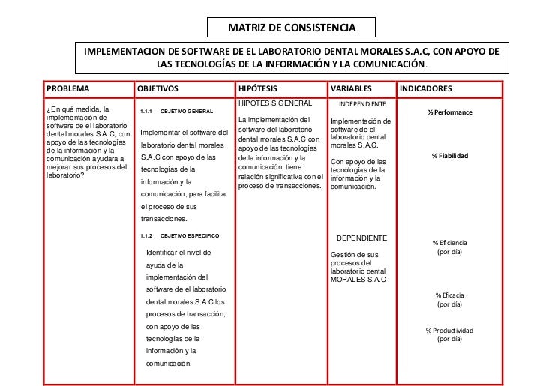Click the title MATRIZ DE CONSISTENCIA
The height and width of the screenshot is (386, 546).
click(292, 28)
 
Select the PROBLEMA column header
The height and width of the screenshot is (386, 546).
click(67, 88)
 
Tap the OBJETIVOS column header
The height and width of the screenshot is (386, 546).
click(158, 88)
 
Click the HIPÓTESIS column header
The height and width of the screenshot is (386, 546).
click(256, 88)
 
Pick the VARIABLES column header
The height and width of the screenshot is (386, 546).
click(350, 88)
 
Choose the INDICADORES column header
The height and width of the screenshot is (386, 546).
click(426, 88)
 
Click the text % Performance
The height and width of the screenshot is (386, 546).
click(450, 112)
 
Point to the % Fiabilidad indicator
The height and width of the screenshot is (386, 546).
click(450, 156)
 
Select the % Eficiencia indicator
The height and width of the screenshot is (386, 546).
click(450, 243)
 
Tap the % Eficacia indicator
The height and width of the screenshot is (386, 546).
click(450, 295)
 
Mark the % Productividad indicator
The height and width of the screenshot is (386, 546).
click(450, 330)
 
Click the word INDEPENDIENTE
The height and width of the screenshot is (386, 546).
click(362, 103)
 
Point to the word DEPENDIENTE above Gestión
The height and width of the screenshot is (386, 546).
click(361, 238)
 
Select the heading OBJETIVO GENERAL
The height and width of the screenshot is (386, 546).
click(187, 112)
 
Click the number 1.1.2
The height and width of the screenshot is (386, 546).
click(146, 235)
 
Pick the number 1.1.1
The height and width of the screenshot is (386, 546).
click(146, 112)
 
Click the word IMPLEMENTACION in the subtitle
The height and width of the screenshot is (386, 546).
click(125, 52)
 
